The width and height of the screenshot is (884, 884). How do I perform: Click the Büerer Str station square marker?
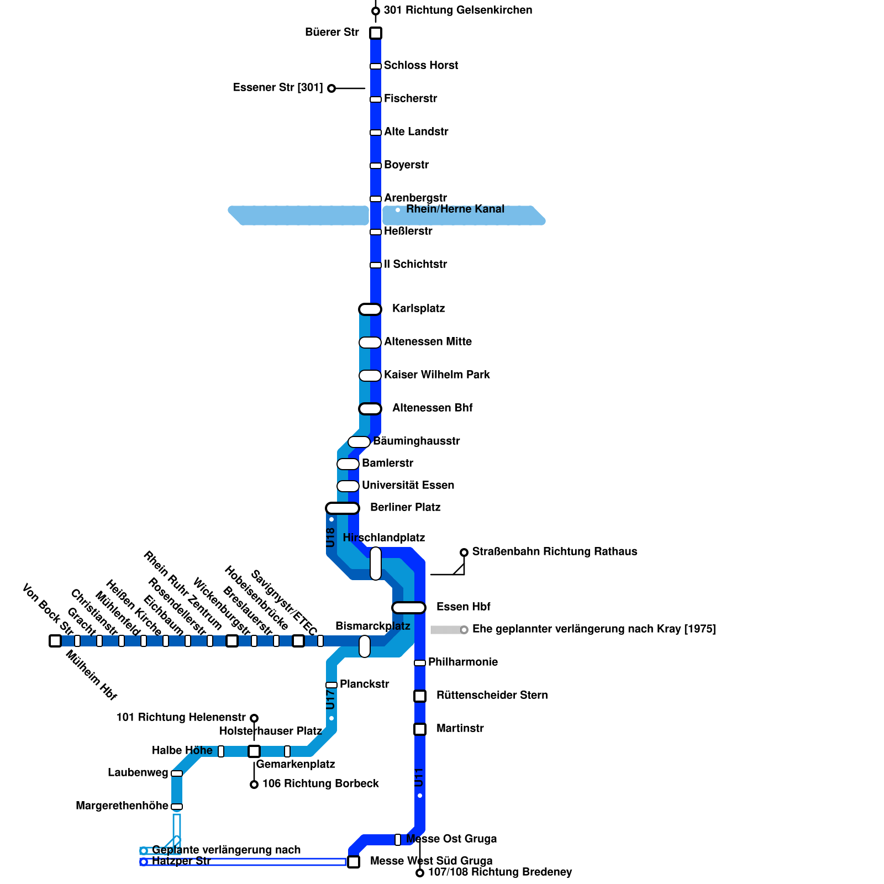point(376,33)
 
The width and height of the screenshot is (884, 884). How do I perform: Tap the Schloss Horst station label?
point(421,65)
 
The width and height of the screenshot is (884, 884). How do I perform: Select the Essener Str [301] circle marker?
point(331,88)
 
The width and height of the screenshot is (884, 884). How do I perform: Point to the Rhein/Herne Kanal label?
point(455,209)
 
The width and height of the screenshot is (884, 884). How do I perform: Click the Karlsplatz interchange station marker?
point(370,309)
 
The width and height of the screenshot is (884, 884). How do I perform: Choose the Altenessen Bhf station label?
point(433,408)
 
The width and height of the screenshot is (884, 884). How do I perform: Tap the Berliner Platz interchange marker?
point(343,508)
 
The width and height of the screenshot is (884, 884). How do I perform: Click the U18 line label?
point(330,538)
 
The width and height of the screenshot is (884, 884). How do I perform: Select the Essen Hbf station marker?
point(409,608)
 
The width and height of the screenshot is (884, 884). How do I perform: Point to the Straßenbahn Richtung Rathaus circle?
point(464,552)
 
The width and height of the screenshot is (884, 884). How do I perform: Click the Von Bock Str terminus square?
point(55,641)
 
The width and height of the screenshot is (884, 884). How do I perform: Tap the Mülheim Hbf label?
point(91,675)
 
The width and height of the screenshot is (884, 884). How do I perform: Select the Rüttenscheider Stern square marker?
point(420,696)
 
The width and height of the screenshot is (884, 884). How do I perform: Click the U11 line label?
point(419,777)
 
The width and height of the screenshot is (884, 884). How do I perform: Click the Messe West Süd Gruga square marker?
point(354,862)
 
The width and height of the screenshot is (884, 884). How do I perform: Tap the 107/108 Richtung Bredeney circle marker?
point(420,873)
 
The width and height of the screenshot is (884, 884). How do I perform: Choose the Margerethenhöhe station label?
point(122,806)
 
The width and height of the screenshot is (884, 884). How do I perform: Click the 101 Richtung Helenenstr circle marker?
point(254,718)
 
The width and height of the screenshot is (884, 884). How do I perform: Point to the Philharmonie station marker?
point(420,663)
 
